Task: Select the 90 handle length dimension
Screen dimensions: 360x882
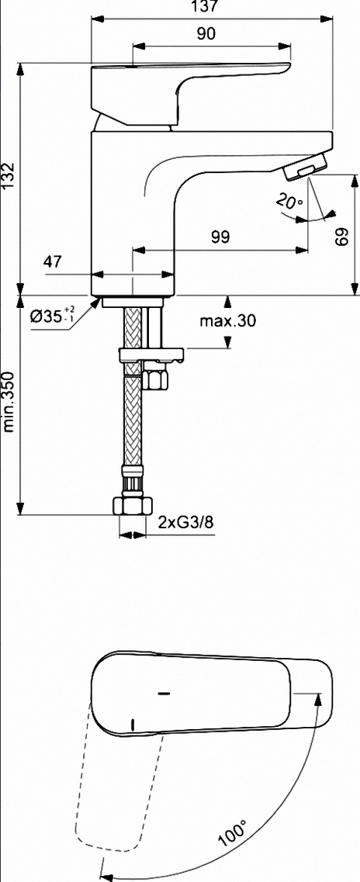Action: pyautogui.click(x=206, y=34)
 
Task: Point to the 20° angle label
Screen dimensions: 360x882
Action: pyautogui.click(x=289, y=202)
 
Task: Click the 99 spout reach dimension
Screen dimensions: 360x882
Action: pyautogui.click(x=220, y=237)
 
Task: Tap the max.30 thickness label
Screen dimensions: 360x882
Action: pyautogui.click(x=228, y=320)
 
